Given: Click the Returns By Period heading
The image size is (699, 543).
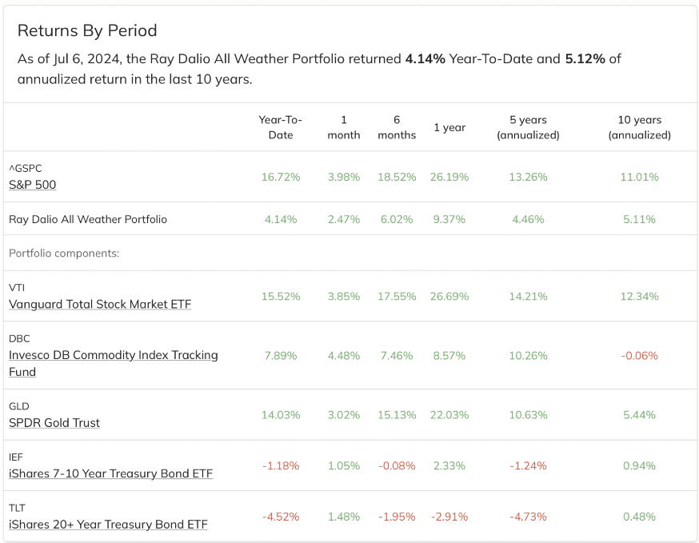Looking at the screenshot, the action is [x=87, y=30].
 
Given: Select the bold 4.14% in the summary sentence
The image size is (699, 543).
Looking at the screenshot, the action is [x=425, y=59].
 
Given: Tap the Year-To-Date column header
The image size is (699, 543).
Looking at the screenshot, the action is [x=281, y=127].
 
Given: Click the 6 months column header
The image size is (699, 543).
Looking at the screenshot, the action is [x=397, y=127].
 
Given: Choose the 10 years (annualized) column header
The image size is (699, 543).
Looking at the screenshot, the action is [x=639, y=127].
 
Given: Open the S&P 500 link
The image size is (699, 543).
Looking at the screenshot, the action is [x=33, y=185].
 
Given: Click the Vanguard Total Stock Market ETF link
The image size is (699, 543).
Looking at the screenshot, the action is [x=100, y=304].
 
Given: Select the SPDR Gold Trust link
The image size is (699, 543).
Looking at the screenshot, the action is [x=54, y=422].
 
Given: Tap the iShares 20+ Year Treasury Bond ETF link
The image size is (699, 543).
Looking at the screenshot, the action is [x=108, y=525].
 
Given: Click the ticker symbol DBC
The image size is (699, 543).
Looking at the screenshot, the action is [x=19, y=339].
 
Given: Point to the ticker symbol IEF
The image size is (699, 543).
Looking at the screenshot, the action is [x=16, y=457].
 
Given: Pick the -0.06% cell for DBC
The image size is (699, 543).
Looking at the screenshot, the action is [x=639, y=356].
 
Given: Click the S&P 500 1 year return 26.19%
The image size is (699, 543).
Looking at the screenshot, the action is [x=449, y=177].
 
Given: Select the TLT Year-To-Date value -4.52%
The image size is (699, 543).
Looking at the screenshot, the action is [x=281, y=517].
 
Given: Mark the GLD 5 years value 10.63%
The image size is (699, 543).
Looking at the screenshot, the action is [x=529, y=415].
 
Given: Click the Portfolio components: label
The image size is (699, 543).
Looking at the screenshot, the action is [x=64, y=254].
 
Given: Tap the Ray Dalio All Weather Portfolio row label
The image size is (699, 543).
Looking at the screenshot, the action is [x=88, y=219].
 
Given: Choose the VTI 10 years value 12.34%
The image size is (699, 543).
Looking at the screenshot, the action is [x=639, y=297].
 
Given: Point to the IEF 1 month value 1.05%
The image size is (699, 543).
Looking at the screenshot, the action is [x=344, y=466].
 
